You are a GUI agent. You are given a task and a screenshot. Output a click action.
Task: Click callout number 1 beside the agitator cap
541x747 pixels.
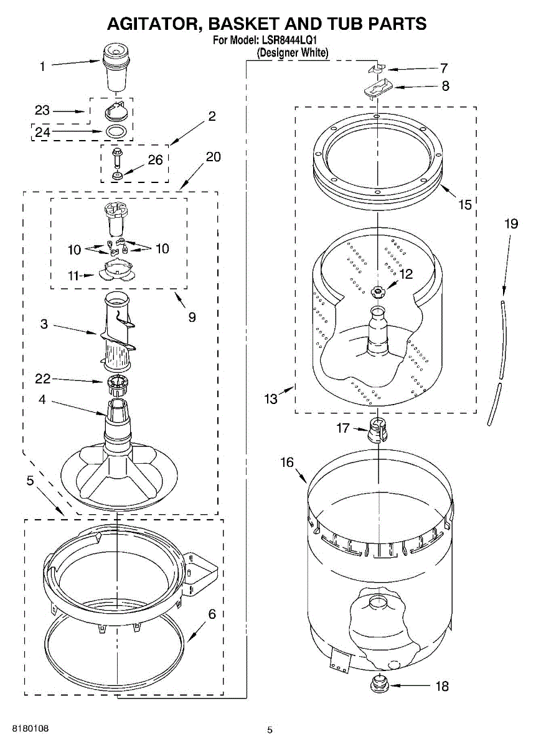42,66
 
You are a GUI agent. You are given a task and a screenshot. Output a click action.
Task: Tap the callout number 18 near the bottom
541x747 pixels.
441,687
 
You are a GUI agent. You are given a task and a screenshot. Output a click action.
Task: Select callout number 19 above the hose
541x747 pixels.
510,223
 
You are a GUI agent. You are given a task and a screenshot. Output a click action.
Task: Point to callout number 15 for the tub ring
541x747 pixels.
464,204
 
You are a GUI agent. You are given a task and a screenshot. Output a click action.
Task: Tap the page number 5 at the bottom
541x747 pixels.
270,730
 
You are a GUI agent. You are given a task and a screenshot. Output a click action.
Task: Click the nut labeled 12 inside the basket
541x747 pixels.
377,290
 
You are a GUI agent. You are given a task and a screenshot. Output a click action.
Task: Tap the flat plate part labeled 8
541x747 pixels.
377,88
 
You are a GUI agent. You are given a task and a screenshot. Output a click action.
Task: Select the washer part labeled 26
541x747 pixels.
116,176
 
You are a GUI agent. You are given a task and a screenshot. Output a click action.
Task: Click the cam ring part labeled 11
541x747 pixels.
116,271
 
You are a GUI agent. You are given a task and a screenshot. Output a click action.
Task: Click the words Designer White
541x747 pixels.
293,53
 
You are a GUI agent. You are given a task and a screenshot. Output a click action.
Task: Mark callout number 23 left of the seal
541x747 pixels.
42,111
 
